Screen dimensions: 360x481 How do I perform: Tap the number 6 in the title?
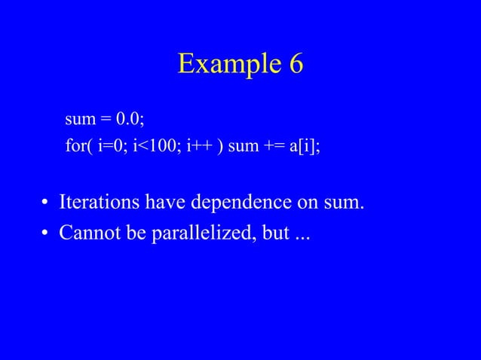tap(295, 65)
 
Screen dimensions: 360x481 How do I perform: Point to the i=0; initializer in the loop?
tap(113, 145)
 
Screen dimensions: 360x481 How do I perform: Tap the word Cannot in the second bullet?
tap(87, 234)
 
